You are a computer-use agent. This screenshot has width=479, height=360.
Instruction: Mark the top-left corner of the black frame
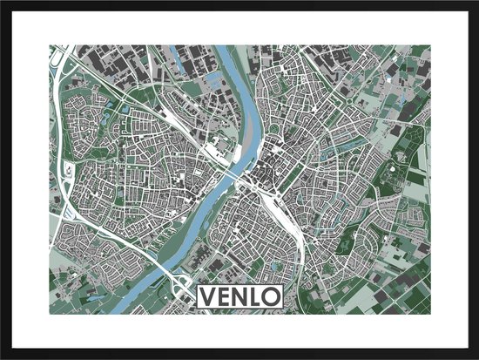tap(3, 3)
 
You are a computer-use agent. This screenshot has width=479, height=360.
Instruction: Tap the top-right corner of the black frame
tap(476, 3)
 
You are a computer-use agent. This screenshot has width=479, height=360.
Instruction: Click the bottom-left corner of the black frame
tap(3, 357)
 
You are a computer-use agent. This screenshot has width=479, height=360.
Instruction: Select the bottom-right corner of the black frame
tap(476, 357)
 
